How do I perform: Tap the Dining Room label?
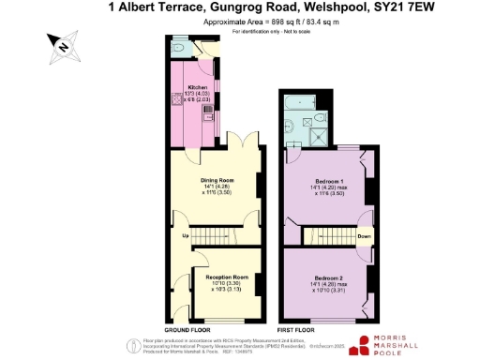pos(217,179)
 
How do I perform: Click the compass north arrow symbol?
pos(60,44)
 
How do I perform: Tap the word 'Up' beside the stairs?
pos(186,234)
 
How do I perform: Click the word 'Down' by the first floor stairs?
pos(365,236)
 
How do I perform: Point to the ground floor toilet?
pos(177,47)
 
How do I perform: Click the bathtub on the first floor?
pos(305,100)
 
